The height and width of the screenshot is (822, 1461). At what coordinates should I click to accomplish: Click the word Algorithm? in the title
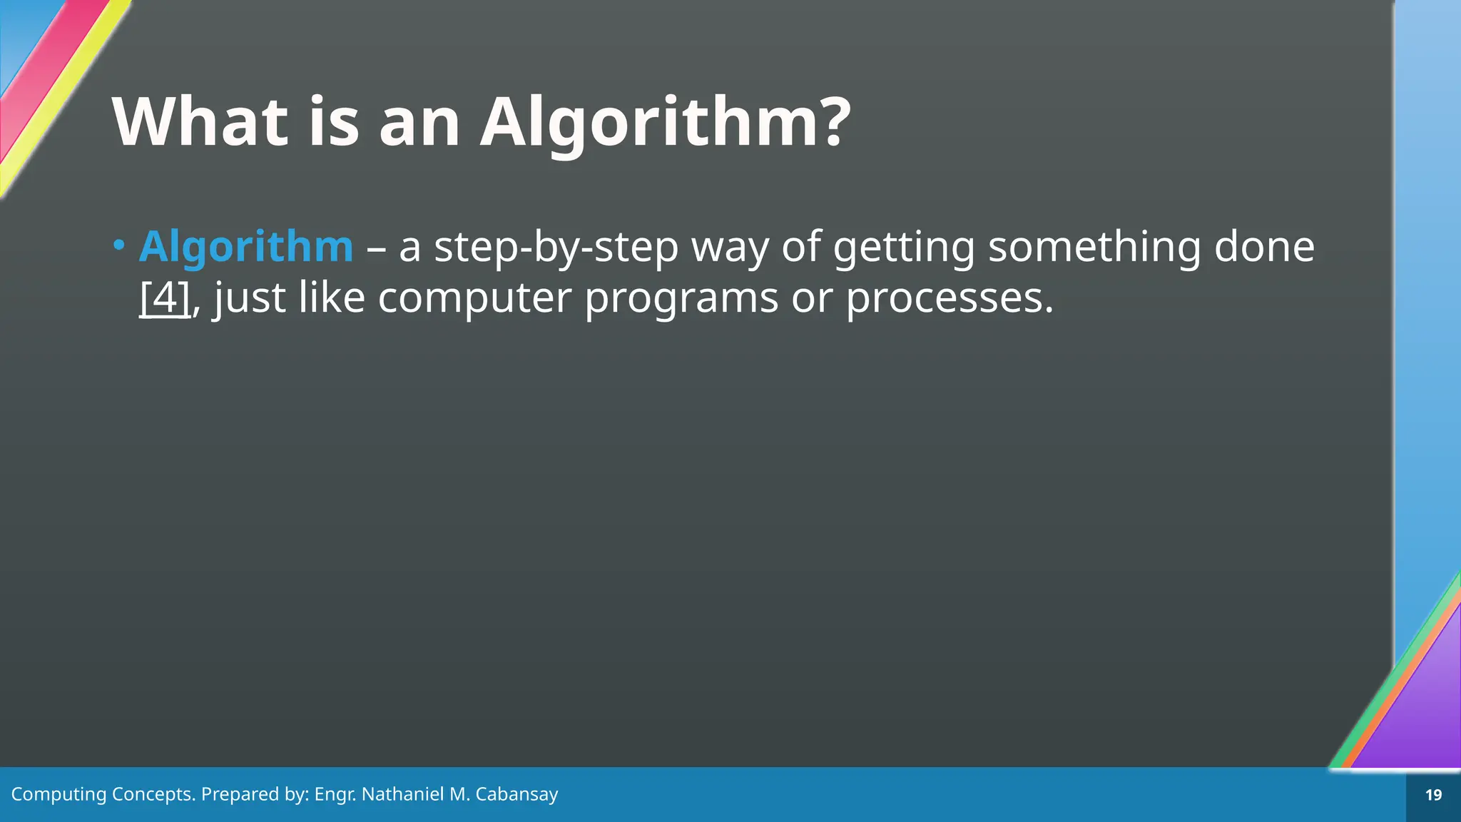pyautogui.click(x=665, y=123)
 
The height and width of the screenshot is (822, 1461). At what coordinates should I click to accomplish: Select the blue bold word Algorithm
pyautogui.click(x=246, y=247)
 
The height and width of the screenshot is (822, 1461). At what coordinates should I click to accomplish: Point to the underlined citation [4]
pyautogui.click(x=165, y=298)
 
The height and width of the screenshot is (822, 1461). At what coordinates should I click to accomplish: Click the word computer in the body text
pyautogui.click(x=474, y=298)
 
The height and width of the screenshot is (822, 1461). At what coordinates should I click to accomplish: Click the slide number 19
pyautogui.click(x=1433, y=795)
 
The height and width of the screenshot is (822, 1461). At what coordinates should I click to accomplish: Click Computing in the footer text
pyautogui.click(x=58, y=794)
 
